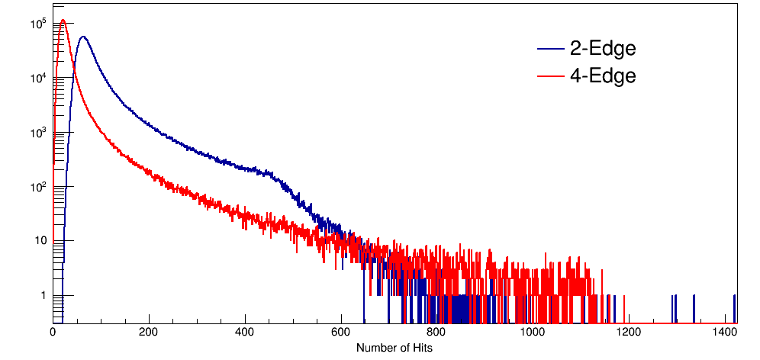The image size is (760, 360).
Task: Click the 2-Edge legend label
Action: tap(602, 49)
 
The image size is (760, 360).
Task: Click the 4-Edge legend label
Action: tap(602, 76)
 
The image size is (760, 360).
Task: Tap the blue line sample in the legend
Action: tap(549, 50)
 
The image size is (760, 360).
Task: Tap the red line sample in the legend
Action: tap(549, 76)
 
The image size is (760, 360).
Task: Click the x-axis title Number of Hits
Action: tap(394, 347)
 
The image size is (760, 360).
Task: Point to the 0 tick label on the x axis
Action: tap(53, 333)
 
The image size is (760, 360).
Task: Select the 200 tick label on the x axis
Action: tap(149, 333)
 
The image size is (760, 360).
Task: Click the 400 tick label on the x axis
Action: tap(245, 333)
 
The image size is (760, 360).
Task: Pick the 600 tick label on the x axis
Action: tap(340, 333)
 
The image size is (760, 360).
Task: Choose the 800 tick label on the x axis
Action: tap(436, 333)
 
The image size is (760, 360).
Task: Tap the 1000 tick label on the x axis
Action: tap(532, 333)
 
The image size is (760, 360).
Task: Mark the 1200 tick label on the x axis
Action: tap(628, 333)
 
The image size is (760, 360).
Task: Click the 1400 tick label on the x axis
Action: tap(723, 333)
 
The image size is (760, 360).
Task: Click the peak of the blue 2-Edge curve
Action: tap(82, 37)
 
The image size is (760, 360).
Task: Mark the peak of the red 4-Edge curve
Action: tap(63, 21)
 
